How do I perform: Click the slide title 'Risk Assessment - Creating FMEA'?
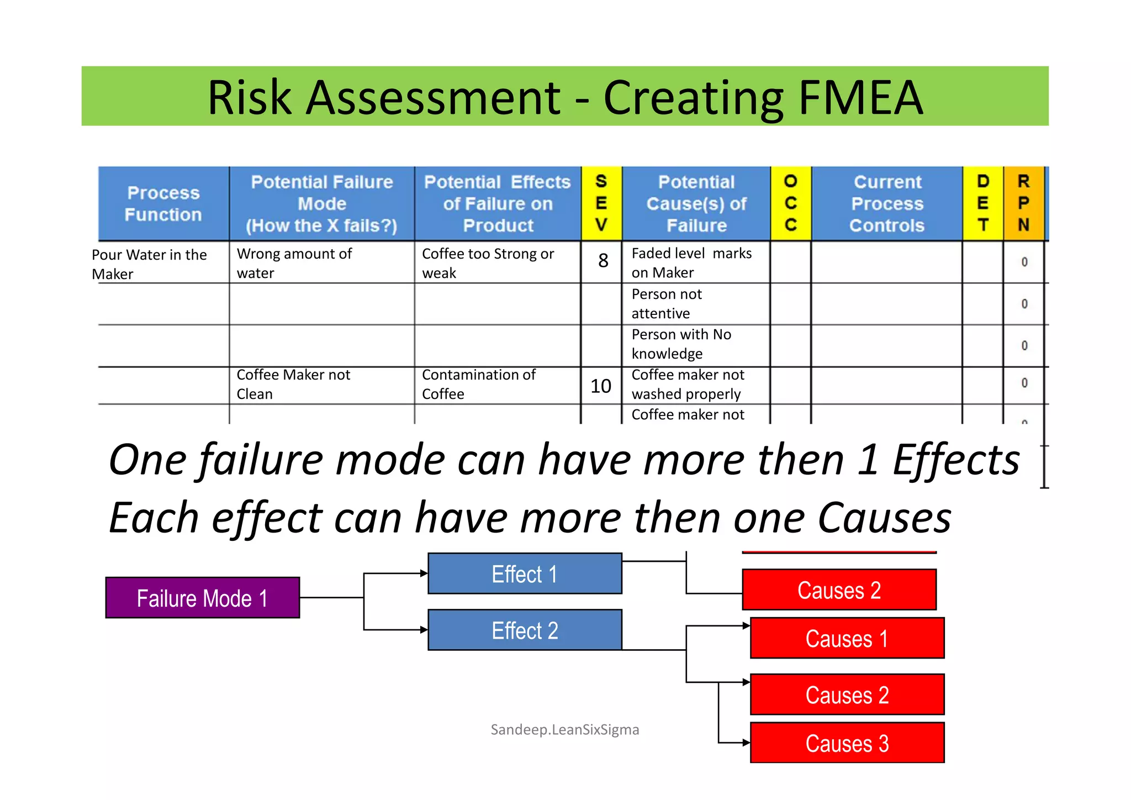[x=564, y=97]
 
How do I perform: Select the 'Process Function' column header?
[x=163, y=204]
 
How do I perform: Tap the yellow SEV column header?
[x=601, y=204]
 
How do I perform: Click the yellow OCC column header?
[x=790, y=204]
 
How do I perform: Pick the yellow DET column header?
[x=982, y=204]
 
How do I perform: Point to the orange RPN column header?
[x=1023, y=204]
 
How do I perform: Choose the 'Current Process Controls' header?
[x=887, y=204]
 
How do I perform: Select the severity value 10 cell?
[x=601, y=386]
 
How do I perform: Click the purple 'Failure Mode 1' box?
[x=202, y=598]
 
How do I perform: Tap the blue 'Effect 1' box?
[x=525, y=574]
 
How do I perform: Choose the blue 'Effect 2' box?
[x=525, y=630]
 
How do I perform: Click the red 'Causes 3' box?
[x=847, y=743]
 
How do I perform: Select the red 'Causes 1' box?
[x=847, y=639]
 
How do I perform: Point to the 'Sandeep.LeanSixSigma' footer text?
[x=564, y=730]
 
